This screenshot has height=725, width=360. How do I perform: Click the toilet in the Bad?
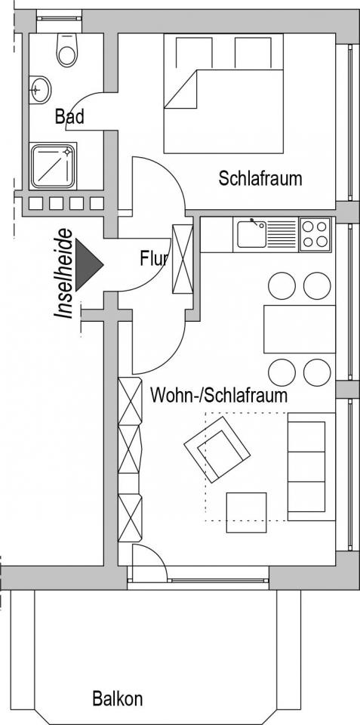pos(67,50)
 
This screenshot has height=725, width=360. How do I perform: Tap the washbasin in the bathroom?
pos(40,89)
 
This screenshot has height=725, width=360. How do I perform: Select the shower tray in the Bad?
pos(53,166)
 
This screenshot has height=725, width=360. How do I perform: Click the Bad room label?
pos(69,116)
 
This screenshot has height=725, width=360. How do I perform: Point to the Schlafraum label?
pos(260,178)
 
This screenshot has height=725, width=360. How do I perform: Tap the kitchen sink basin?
pos(251,234)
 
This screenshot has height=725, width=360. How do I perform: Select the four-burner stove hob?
pos(315,234)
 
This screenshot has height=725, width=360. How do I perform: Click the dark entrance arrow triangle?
pos(89,264)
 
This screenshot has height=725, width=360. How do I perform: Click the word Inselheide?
pos(64,273)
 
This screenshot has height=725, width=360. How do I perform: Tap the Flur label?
pos(153,259)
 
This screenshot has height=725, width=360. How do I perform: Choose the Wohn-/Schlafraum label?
pos(219,395)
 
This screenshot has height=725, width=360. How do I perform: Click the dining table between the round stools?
pos(300,329)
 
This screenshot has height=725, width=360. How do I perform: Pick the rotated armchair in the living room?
pos(217,449)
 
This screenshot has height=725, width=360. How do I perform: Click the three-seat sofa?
pos(312,467)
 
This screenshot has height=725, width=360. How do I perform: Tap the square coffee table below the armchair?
pos(246,512)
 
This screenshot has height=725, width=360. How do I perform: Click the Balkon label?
pos(118,698)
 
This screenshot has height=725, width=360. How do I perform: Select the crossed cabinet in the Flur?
pos(182,259)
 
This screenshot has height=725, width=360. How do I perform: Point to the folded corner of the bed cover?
pos(180,89)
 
